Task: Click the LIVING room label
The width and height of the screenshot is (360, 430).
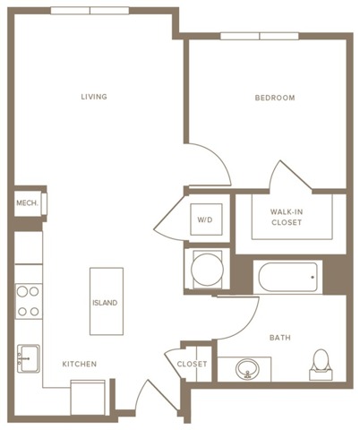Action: click(94, 97)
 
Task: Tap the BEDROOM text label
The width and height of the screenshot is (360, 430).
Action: click(275, 98)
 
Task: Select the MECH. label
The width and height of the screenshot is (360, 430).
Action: click(27, 204)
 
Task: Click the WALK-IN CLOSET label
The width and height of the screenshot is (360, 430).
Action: click(287, 218)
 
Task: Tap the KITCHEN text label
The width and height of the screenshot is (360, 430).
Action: click(79, 364)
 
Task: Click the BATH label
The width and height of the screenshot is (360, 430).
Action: click(283, 338)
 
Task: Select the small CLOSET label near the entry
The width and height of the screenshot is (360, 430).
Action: click(192, 365)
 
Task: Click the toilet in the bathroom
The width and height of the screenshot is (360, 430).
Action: click(321, 363)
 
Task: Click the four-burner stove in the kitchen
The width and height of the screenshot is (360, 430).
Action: click(29, 302)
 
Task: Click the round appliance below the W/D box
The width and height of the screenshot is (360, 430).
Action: click(203, 268)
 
